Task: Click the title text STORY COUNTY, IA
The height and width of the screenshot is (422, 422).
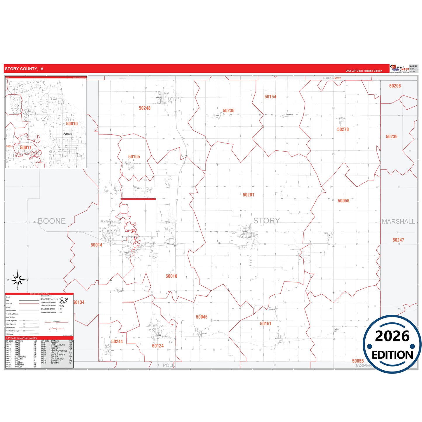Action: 24,69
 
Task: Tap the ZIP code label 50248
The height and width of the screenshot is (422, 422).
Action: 145,108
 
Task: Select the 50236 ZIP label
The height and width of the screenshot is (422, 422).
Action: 228,111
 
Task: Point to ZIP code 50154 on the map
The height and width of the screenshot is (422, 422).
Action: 270,97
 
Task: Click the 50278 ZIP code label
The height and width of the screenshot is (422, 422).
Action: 343,129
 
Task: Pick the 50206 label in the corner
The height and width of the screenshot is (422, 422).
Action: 395,86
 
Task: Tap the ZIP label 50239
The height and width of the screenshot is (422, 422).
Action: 391,137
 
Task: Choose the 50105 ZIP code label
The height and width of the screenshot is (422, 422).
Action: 134,157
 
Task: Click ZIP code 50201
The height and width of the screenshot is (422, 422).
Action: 248,195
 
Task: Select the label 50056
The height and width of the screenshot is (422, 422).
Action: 343,201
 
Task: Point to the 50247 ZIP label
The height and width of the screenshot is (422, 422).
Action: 398,240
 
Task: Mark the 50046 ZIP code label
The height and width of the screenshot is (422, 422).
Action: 202,317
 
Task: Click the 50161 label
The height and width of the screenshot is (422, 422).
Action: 265,324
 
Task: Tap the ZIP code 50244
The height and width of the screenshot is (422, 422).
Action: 117,342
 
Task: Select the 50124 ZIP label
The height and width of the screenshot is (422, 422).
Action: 158,346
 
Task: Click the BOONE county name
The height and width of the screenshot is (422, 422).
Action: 52,221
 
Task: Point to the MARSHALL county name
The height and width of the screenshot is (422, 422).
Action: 398,222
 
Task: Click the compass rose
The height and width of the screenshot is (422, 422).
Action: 18,280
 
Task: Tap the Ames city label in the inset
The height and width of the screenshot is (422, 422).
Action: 68,134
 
